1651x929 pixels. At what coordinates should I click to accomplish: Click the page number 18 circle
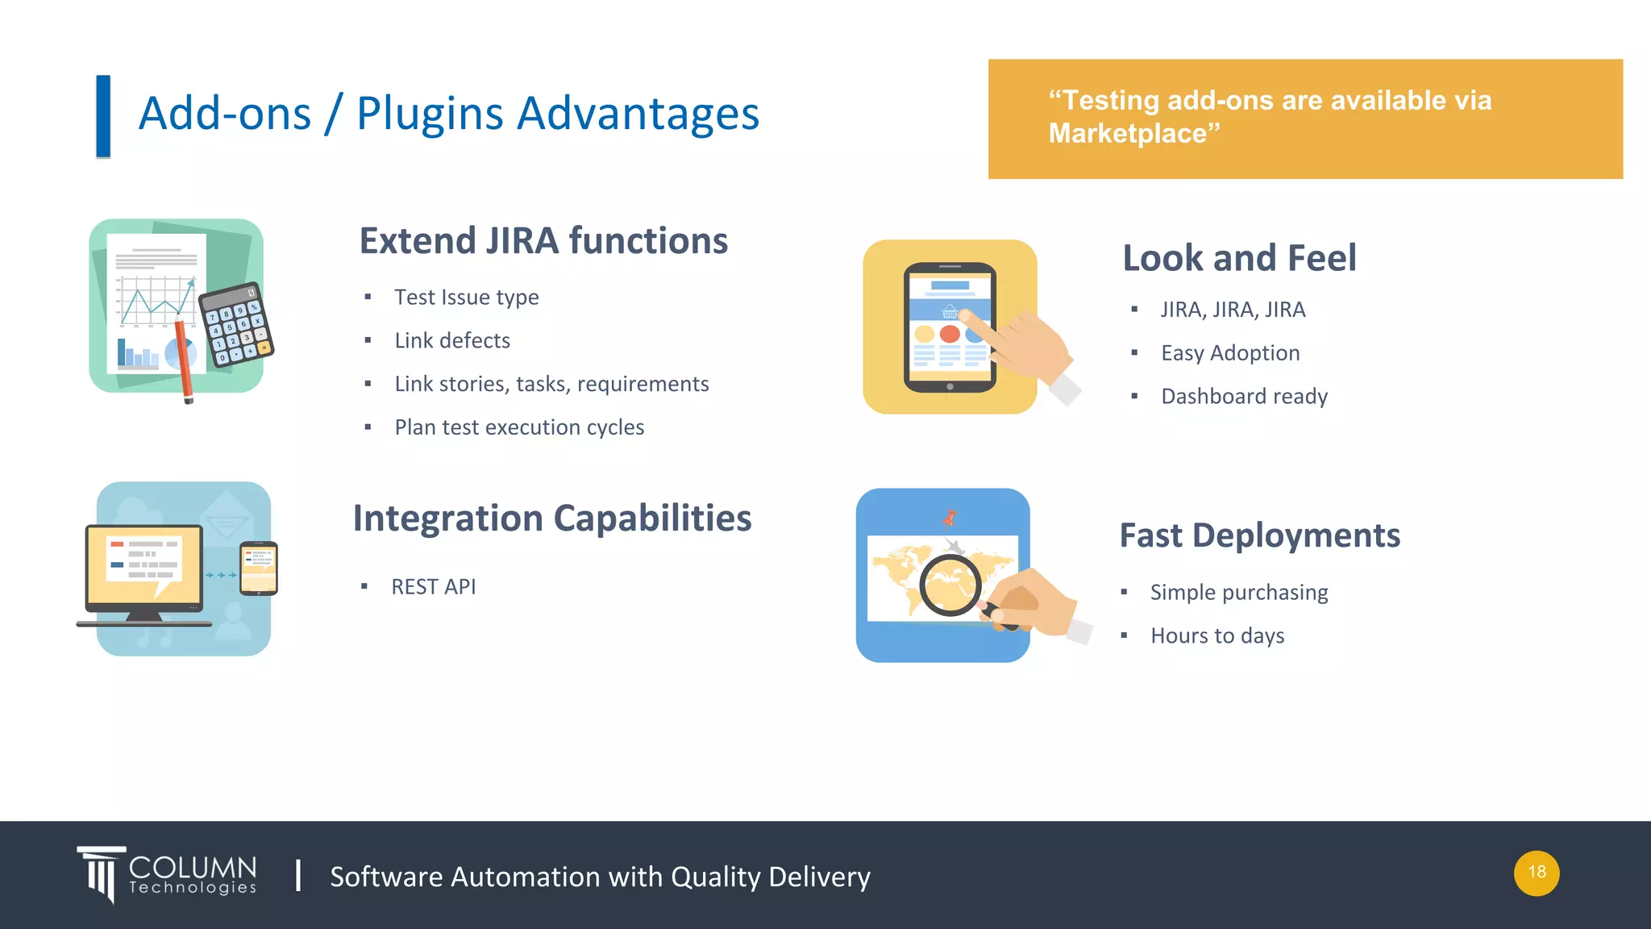tap(1537, 873)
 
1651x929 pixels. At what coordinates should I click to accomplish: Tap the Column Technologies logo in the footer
tap(168, 875)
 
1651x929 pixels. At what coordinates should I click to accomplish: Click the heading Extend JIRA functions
tap(543, 240)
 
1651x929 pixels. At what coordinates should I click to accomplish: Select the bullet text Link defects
tap(452, 340)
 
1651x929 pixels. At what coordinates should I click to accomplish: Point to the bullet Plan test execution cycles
tap(519, 427)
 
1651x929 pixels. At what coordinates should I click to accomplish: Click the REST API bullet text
tap(434, 586)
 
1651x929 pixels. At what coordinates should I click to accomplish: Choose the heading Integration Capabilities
tap(552, 518)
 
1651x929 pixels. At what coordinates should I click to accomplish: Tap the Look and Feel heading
tap(1239, 258)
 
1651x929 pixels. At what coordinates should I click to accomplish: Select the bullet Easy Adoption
tap(1230, 352)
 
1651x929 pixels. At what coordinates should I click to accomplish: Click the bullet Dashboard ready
tap(1244, 396)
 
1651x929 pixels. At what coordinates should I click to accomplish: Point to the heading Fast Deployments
tap(1259, 535)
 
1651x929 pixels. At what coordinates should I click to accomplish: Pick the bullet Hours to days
tap(1217, 635)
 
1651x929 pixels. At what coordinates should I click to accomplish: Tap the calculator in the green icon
tap(236, 326)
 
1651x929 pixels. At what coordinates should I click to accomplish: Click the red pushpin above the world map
tap(950, 518)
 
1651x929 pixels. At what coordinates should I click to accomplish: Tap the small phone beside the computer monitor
tap(259, 569)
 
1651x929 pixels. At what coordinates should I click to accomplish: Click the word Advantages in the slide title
tap(638, 113)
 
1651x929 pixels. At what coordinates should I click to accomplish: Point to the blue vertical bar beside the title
tap(103, 116)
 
